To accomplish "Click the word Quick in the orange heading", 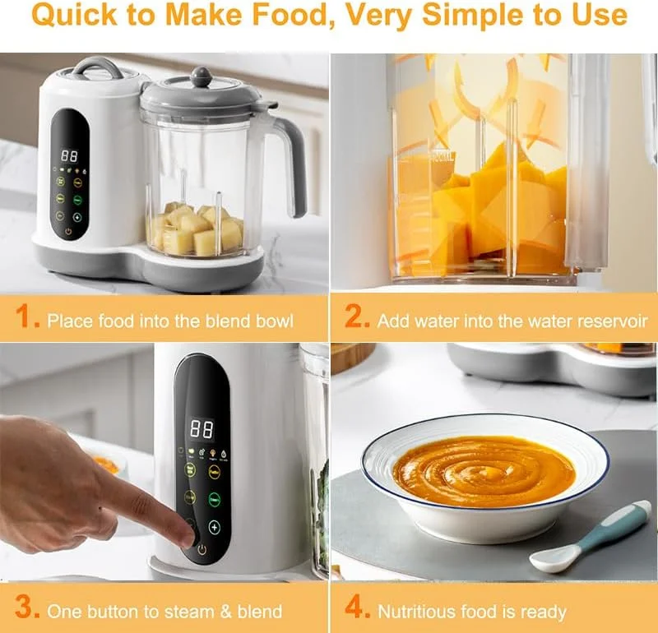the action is pos(74,15).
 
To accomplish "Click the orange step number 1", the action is pos(27,316).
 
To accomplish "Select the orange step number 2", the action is pos(357,316).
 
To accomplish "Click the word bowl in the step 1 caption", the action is pos(275,321).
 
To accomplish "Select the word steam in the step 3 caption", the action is pos(188,612).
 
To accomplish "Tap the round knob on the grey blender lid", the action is pos(202,76).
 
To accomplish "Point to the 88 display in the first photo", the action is pos(69,156).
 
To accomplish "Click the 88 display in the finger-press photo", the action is pos(202,429).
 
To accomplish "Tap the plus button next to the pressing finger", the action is pos(215,527).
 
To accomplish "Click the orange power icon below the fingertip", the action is pos(202,549).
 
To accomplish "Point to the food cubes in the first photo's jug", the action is pos(195,229).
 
